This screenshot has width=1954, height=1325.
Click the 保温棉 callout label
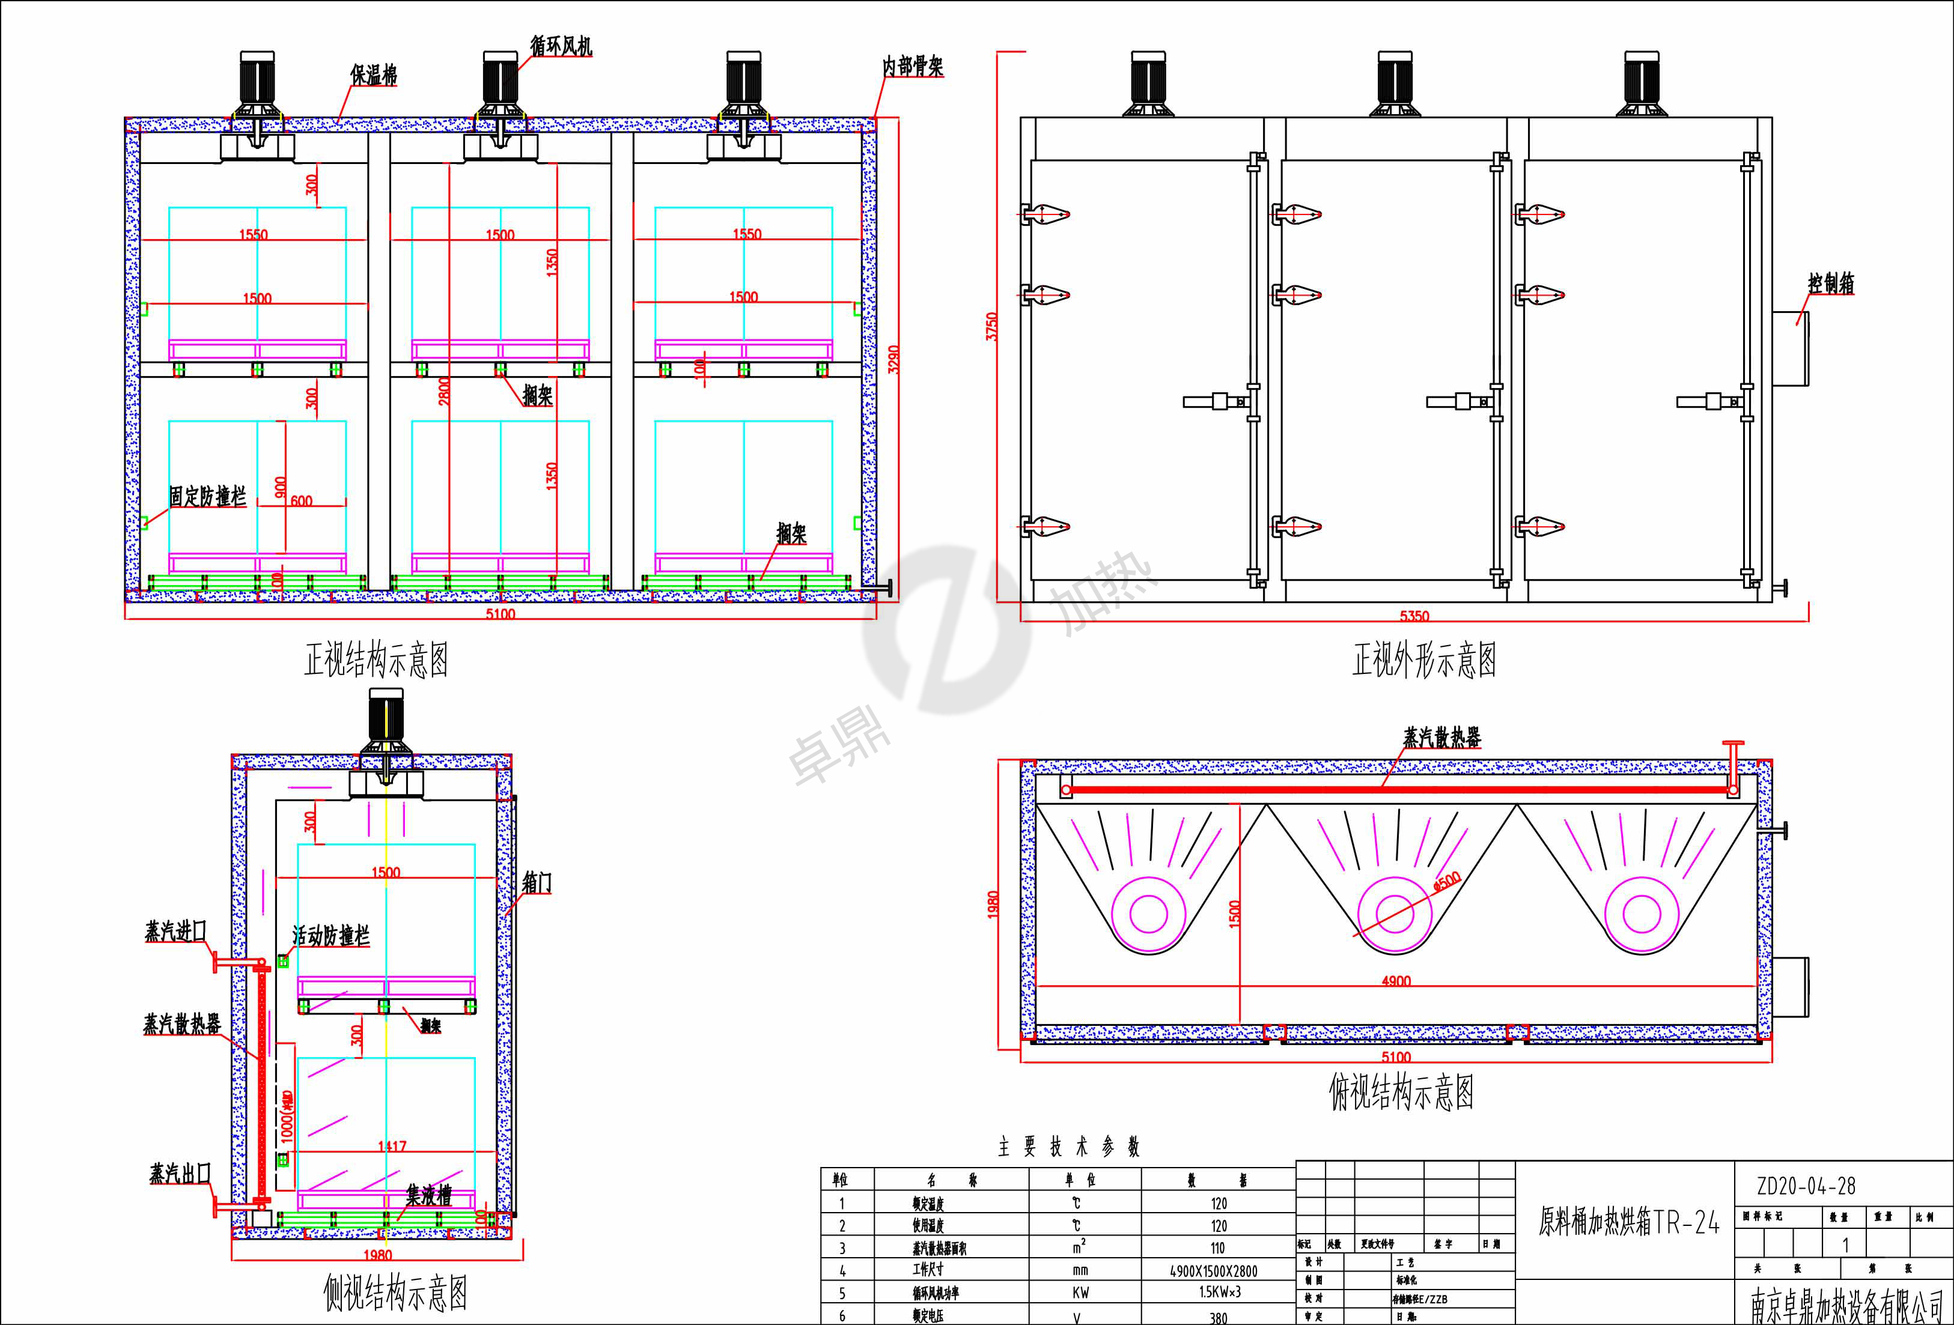[373, 75]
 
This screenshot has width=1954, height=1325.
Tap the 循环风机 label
[561, 46]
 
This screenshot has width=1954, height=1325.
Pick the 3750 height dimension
[992, 326]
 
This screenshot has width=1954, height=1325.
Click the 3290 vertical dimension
[893, 359]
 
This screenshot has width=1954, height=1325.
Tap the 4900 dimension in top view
[1396, 981]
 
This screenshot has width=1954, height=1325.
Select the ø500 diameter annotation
[1447, 881]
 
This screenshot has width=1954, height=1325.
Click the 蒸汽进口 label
[175, 931]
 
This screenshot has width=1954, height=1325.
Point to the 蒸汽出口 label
[180, 1174]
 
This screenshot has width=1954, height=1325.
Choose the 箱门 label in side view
[537, 883]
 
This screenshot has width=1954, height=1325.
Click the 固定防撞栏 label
[207, 496]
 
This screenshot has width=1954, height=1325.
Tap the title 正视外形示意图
[1423, 660]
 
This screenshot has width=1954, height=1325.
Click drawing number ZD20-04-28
[1805, 1186]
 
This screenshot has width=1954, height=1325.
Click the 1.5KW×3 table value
[1219, 1292]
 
